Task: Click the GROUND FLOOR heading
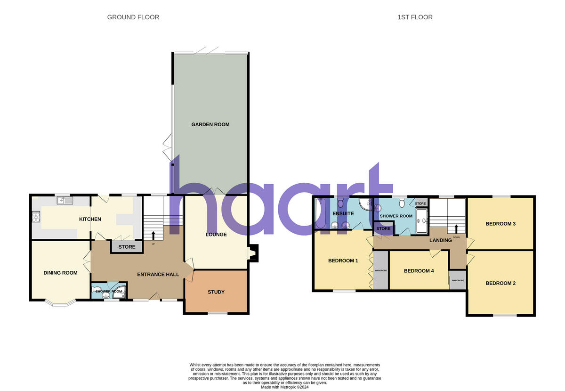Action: pos(133,17)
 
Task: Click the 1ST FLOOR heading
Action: pos(415,17)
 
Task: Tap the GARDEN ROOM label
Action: pos(210,125)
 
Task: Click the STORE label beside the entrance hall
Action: pos(127,247)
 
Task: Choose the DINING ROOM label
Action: pos(60,273)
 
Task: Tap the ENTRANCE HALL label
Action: pos(158,275)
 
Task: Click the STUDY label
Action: pos(216,292)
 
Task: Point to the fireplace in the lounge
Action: pos(253,253)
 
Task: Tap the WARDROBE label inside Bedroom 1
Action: pos(380,271)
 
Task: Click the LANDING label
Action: pos(441,240)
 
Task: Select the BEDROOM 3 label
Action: pos(501,224)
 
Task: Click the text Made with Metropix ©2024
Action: pos(284,387)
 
